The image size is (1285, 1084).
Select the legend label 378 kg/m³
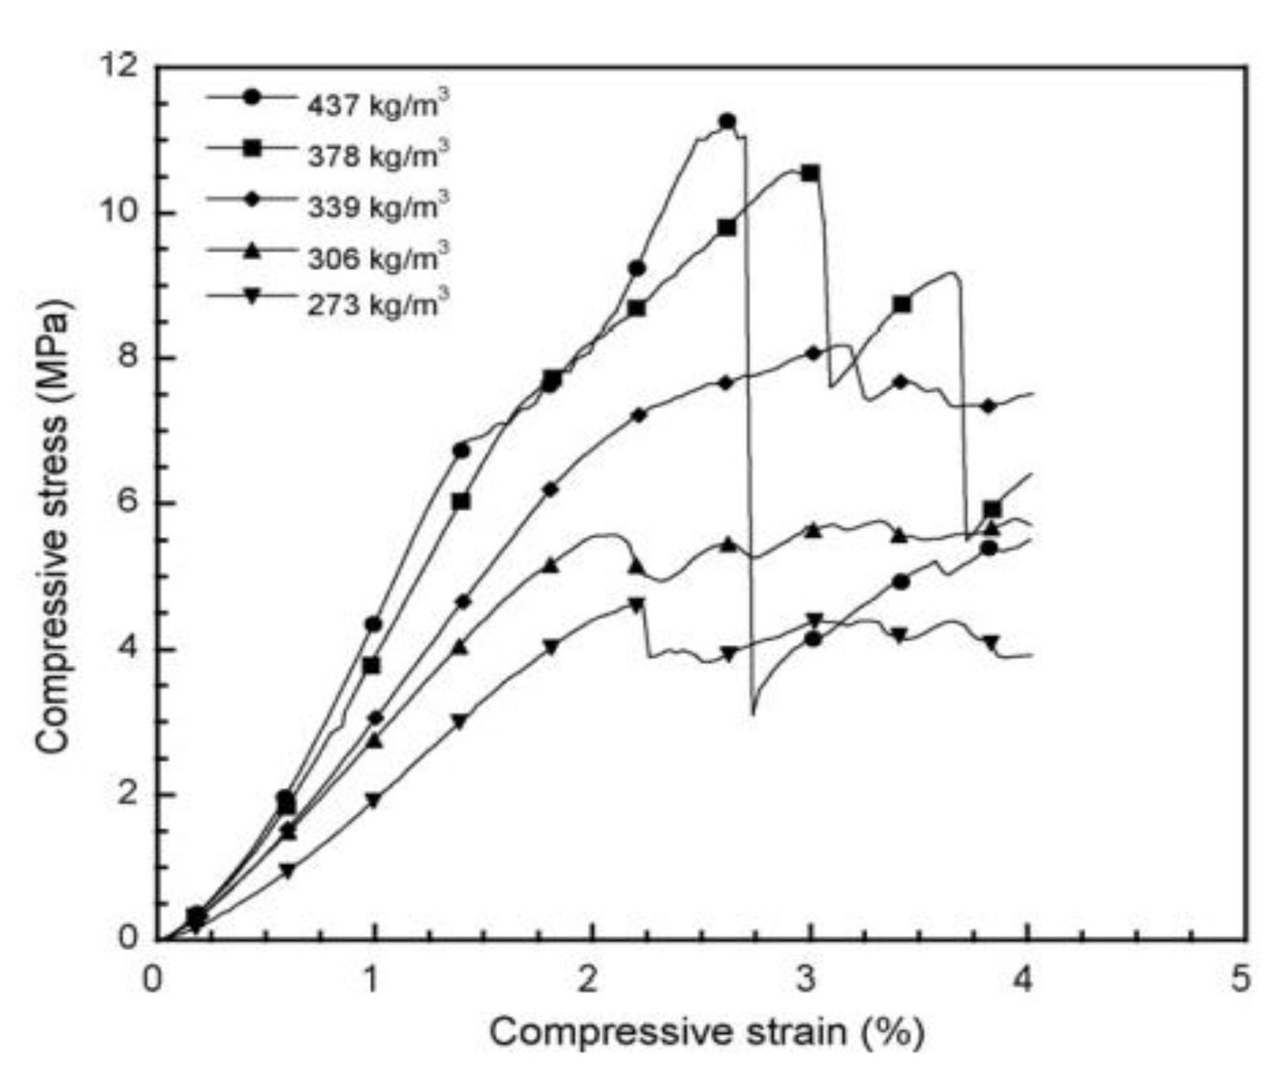coord(378,155)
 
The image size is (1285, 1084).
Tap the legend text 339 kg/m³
coord(378,205)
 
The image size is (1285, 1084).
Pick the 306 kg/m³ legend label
coord(378,257)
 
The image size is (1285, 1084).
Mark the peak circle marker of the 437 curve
coord(727,121)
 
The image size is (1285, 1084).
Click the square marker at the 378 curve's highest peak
coord(810,173)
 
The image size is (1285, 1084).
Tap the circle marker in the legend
coord(252,97)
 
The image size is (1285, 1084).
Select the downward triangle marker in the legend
coord(252,296)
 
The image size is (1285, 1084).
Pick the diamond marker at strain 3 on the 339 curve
coord(813,353)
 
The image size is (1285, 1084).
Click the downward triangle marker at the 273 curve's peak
coord(637,604)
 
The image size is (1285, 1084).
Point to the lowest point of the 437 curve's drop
coord(753,713)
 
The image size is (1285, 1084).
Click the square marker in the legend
coord(252,148)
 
